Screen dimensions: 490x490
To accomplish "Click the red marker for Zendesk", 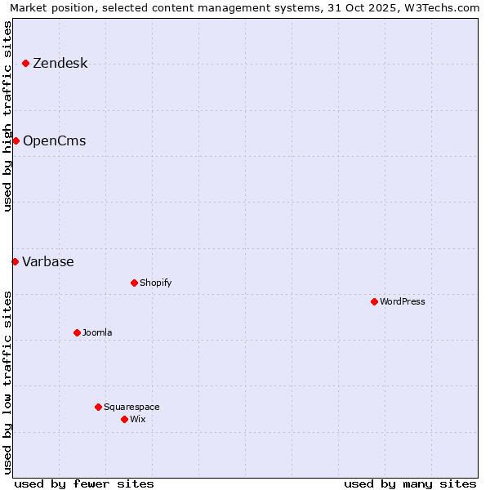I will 25,63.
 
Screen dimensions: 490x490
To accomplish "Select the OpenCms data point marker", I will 16,140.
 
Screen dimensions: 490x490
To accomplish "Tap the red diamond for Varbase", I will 15,261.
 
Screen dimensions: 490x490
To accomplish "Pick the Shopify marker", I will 134,283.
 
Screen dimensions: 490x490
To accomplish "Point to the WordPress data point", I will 374,301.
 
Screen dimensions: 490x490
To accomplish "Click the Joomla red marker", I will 77,332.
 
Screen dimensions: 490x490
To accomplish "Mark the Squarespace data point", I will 98,407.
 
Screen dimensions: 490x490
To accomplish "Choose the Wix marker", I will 124,419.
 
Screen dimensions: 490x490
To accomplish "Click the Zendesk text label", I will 60,64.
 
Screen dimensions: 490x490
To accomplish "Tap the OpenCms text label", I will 54,141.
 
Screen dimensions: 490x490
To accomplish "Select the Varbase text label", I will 48,262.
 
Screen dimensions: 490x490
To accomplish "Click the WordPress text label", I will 403,302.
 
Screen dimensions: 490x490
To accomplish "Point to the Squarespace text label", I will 131,408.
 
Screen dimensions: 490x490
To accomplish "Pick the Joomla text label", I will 97,333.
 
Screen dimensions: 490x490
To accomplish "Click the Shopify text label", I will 155,283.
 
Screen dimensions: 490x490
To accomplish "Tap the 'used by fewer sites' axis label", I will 84,483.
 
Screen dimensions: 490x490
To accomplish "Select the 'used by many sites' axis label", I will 410,483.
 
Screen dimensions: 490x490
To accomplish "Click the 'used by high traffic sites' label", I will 8,116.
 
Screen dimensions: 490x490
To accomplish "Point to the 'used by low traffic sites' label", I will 8,381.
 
